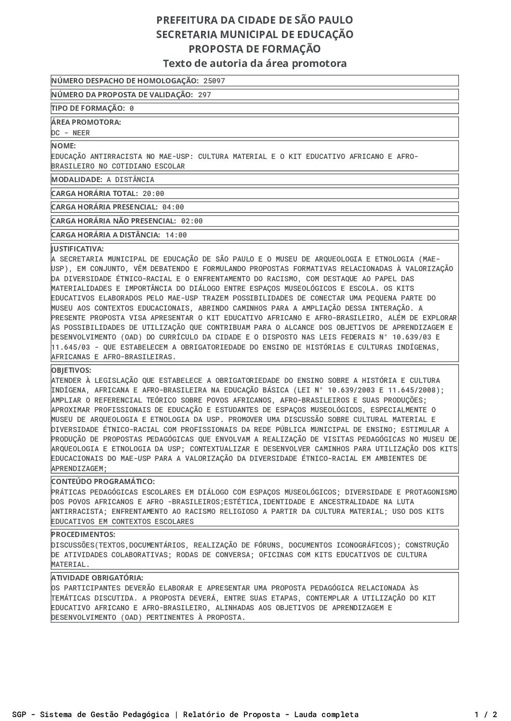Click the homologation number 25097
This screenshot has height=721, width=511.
214,81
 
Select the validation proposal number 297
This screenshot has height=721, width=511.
204,95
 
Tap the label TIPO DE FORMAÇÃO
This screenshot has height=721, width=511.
88,108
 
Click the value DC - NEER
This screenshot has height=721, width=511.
70,133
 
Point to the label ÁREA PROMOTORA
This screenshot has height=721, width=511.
86,122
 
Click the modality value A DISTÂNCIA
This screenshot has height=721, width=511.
130,180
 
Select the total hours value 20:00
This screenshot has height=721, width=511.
153,194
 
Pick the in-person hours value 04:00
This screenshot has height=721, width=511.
173,207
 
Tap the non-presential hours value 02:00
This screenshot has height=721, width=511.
192,221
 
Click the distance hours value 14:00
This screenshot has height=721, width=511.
176,235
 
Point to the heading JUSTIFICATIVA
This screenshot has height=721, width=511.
78,249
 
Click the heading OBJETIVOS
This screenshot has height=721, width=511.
71,370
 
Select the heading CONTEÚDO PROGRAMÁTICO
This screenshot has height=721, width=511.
103,482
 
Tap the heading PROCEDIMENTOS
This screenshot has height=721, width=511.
83,535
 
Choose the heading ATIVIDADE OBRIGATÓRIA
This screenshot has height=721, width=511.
97,577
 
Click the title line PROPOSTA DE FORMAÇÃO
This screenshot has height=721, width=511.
255,49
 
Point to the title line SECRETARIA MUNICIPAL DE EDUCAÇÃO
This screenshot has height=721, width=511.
255,35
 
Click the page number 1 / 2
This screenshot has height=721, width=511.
485,714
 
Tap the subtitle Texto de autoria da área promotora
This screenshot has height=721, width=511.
255,64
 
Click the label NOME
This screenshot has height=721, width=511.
64,146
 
